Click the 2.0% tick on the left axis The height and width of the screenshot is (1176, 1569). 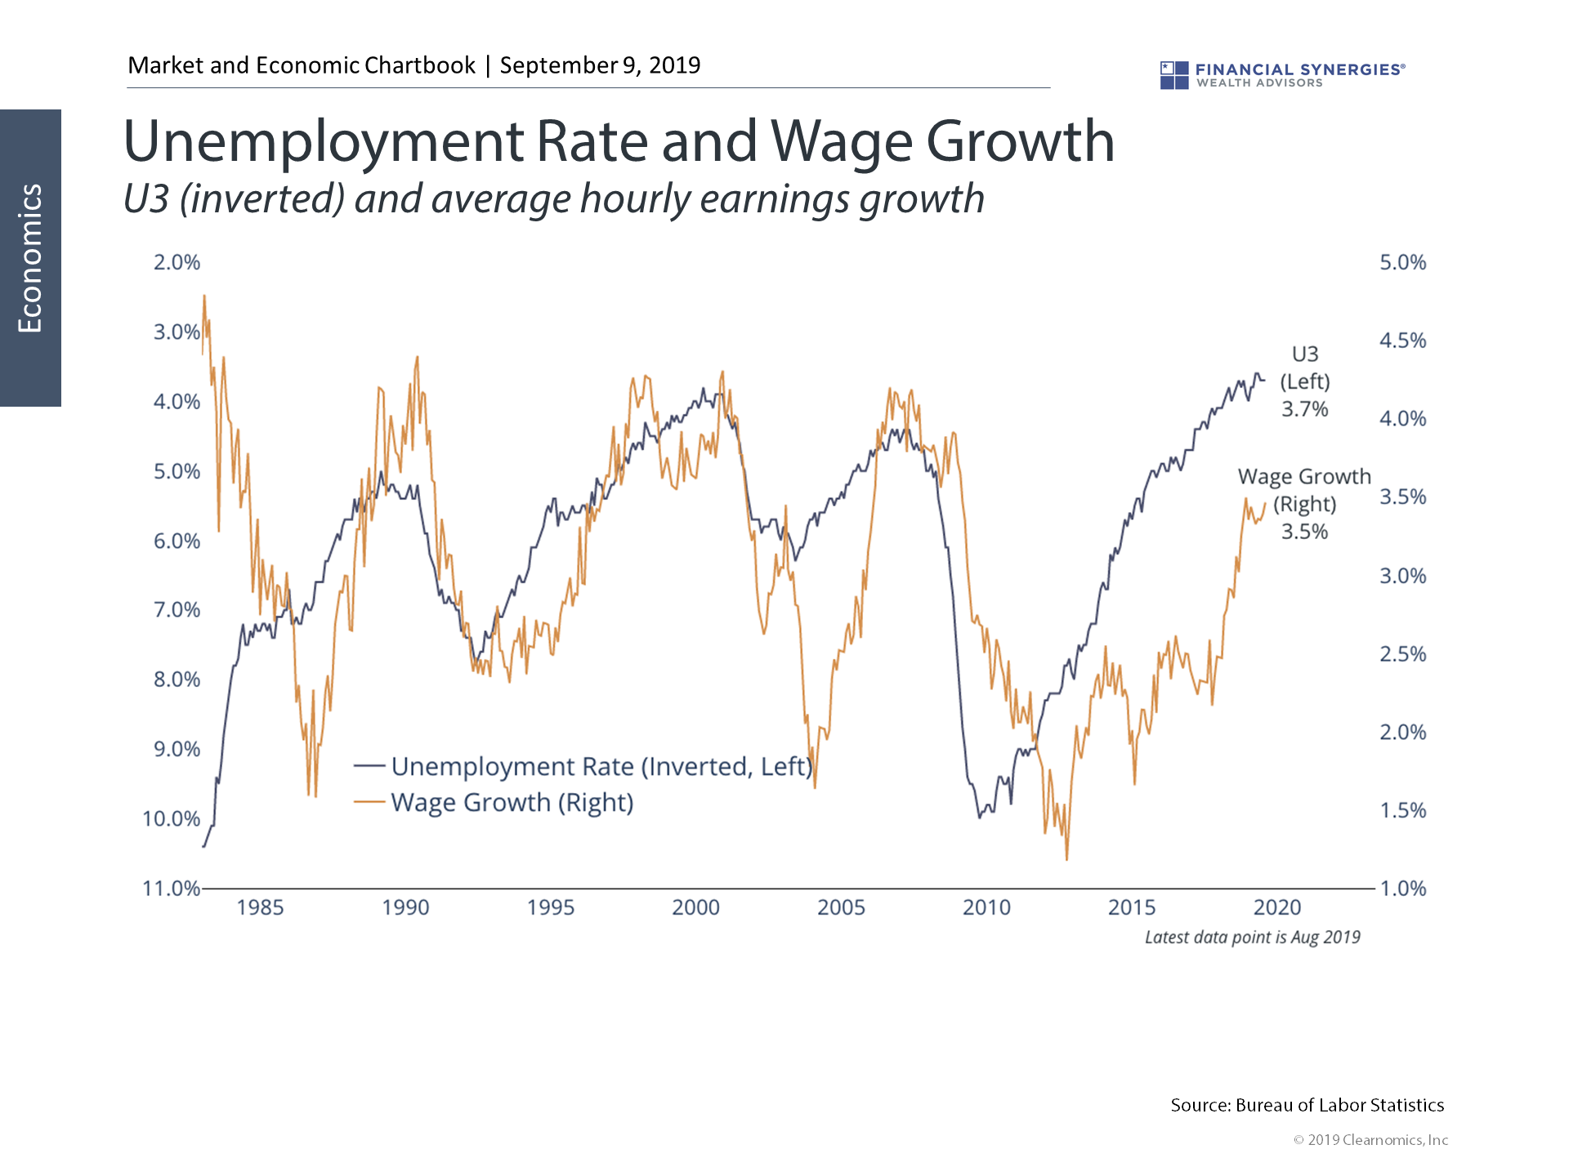(177, 263)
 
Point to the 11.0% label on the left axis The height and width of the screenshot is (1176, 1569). (171, 889)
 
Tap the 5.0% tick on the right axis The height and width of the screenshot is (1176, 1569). (1402, 263)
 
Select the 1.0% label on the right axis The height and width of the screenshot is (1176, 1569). (1402, 889)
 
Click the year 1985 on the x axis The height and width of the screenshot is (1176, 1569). (260, 907)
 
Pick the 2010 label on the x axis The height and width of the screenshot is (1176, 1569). (986, 907)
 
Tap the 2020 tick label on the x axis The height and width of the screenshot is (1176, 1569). (1277, 907)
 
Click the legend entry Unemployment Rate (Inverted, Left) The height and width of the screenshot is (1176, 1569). (601, 767)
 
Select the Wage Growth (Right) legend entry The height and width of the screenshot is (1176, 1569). (512, 803)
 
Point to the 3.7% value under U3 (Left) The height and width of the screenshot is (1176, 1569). (1304, 409)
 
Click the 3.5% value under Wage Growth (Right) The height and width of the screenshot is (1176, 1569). (1304, 532)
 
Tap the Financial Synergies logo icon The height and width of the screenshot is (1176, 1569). (1174, 75)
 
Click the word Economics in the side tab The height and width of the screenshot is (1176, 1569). (30, 258)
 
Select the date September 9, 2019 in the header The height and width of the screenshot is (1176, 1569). (600, 65)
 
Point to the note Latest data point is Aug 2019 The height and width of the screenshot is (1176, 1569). (1252, 938)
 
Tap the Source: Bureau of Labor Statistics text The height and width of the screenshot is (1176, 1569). (1307, 1106)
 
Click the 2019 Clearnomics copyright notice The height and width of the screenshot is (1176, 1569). (1370, 1140)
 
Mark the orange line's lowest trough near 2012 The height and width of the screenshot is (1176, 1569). (1066, 857)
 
